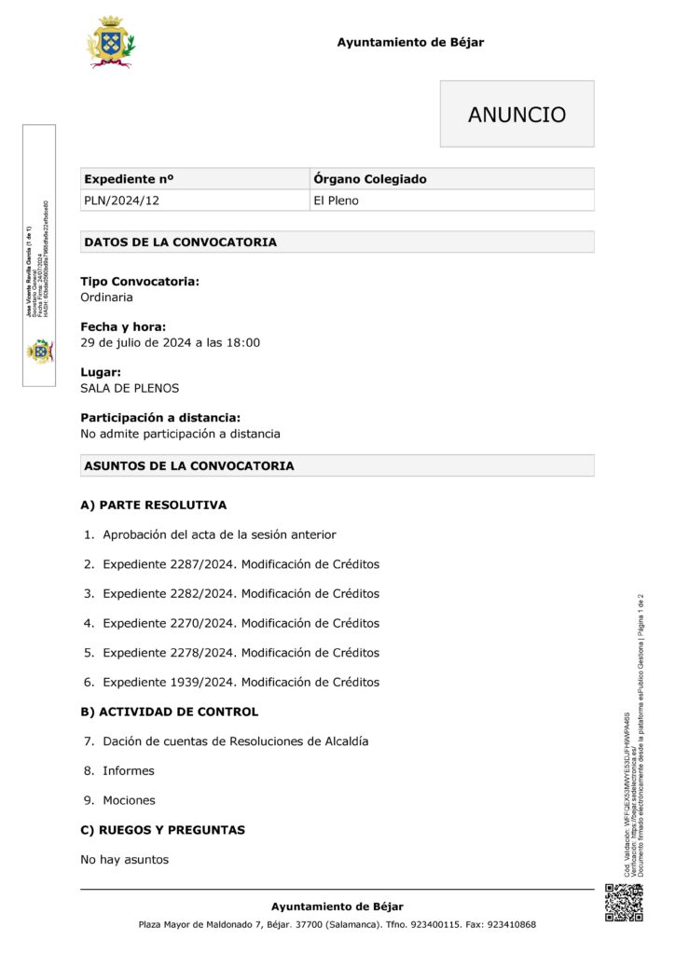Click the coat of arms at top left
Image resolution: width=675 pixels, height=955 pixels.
(110, 42)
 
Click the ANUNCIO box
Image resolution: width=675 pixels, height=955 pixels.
(517, 114)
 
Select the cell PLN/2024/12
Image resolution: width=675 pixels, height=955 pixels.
(115, 201)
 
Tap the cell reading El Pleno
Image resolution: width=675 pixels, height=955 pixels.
(336, 201)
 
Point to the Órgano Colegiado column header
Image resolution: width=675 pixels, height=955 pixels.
(370, 179)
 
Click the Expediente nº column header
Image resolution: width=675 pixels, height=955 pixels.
(129, 179)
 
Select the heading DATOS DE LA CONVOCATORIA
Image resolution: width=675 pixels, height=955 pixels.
(180, 242)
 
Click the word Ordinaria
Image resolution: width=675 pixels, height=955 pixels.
(106, 298)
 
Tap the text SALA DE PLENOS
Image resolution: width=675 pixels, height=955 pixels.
(130, 388)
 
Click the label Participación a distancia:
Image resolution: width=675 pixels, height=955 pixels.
(160, 418)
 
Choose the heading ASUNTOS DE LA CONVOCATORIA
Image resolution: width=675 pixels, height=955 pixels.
(189, 465)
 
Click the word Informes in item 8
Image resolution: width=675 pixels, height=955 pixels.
(129, 770)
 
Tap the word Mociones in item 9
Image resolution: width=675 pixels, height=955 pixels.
(129, 800)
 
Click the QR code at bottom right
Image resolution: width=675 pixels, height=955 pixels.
(624, 902)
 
